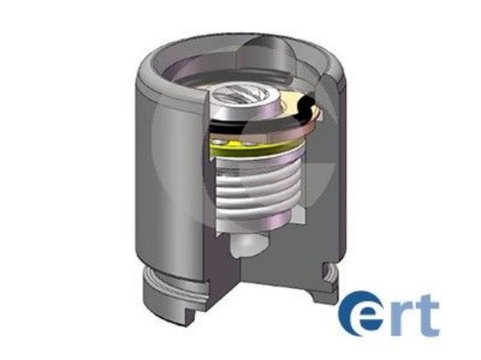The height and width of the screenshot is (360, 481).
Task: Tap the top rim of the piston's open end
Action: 219,43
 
